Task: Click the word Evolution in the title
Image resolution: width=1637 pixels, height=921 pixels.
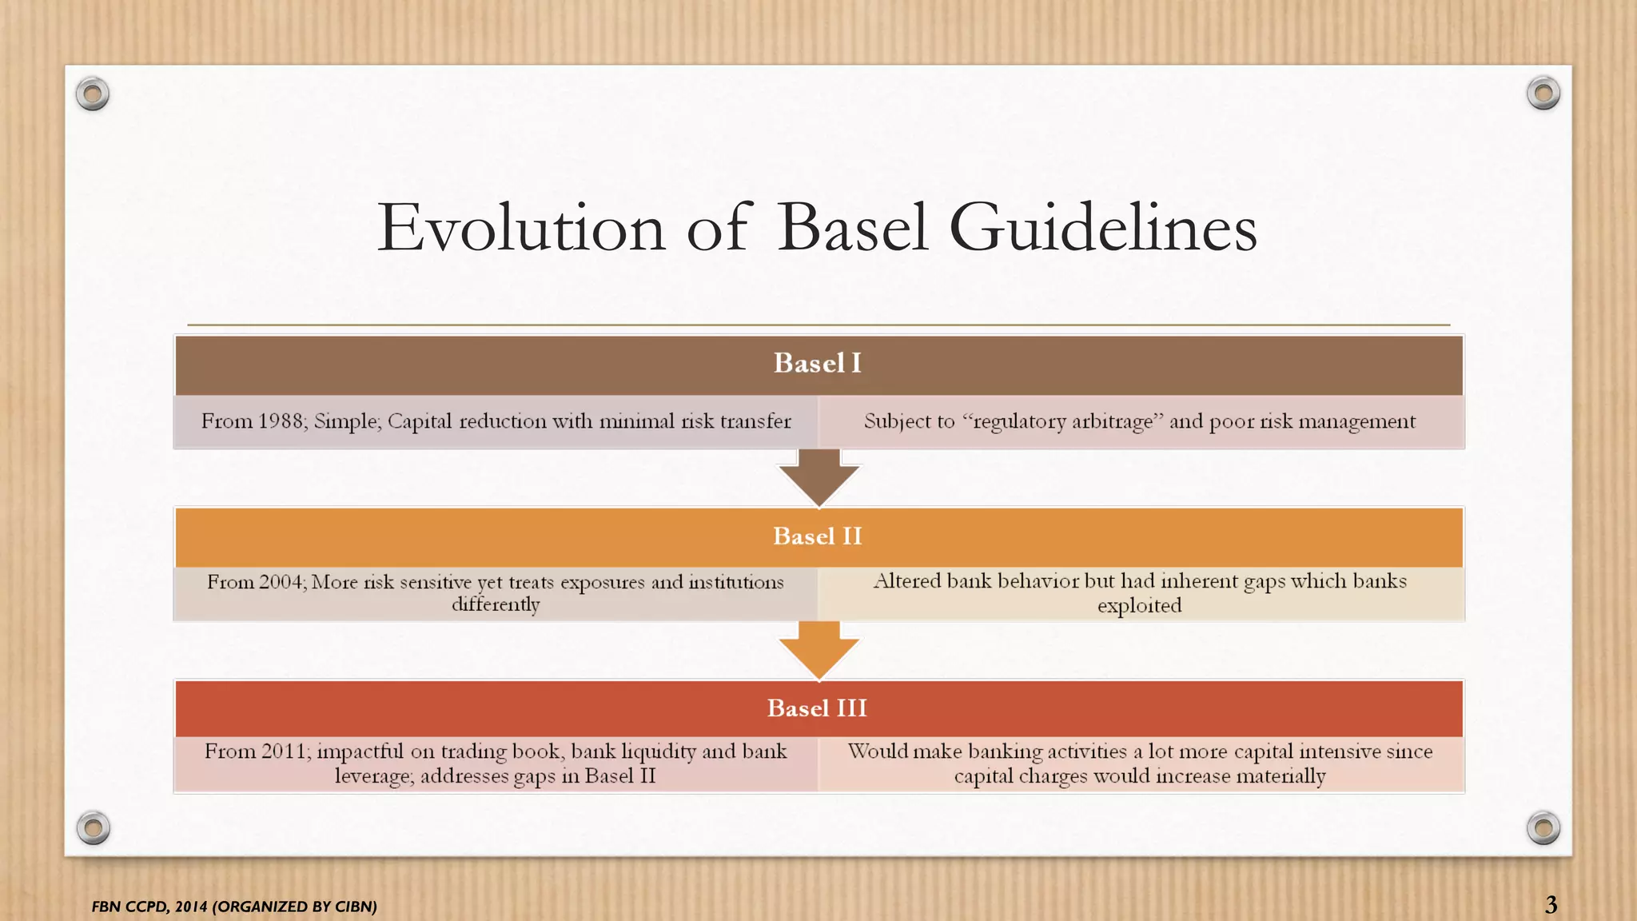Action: click(521, 229)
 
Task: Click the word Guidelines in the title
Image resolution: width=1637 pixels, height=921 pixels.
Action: click(1103, 229)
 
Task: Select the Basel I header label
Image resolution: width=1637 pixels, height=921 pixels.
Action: click(817, 364)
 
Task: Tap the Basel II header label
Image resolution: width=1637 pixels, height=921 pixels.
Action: click(817, 536)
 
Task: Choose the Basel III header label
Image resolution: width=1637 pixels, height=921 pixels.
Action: click(817, 708)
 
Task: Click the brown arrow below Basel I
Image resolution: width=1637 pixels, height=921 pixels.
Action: click(818, 478)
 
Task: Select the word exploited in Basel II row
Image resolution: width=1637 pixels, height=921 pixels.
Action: click(1139, 606)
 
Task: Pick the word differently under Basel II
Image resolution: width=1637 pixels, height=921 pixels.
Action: click(496, 605)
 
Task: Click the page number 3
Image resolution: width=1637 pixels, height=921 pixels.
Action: click(1551, 904)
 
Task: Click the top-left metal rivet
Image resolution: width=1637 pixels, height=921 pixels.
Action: click(93, 94)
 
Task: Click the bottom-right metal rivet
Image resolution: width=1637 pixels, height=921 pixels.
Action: click(1543, 827)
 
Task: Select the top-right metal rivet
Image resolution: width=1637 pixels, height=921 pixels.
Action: click(1543, 94)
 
